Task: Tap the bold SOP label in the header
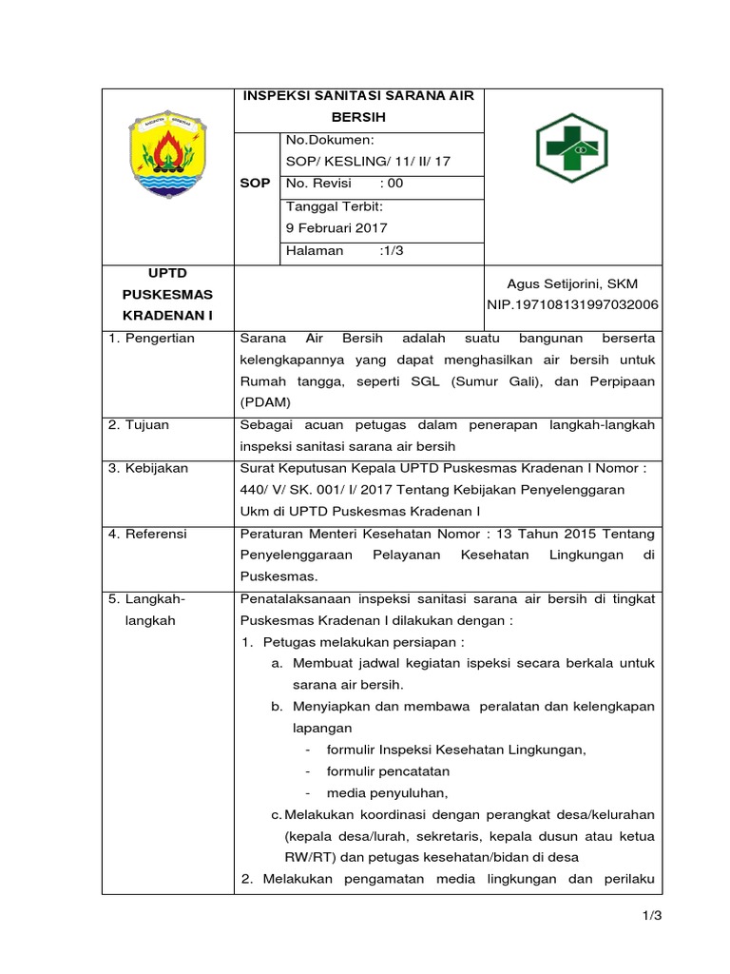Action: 258,183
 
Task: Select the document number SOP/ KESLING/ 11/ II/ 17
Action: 367,161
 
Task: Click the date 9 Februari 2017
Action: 336,227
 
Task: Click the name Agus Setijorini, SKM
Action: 572,283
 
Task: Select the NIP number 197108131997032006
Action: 572,304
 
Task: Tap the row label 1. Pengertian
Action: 151,339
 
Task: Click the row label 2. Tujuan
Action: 139,424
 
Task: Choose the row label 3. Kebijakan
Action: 148,468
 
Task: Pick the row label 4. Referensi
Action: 148,534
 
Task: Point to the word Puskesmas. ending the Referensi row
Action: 279,576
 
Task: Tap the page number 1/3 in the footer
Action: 650,915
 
